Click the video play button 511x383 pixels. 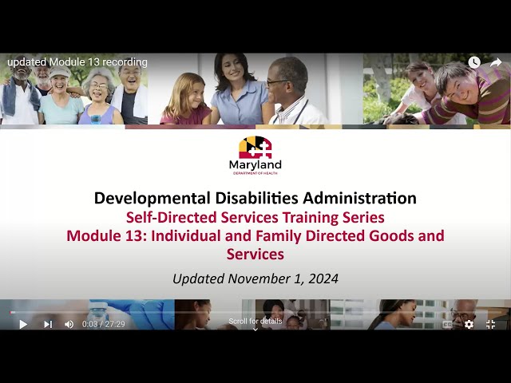tap(23, 324)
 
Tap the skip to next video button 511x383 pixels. tap(48, 324)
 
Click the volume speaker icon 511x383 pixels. tap(69, 324)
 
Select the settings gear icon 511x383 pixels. tap(469, 324)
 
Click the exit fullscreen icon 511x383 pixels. tap(490, 324)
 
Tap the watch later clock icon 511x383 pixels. tap(474, 62)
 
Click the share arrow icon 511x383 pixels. tap(495, 62)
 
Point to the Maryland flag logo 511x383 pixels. tap(255, 148)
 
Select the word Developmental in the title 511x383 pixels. tap(146, 198)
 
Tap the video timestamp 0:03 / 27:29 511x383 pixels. tap(104, 324)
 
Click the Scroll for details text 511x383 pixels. tap(255, 321)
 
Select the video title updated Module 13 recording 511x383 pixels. tap(77, 62)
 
